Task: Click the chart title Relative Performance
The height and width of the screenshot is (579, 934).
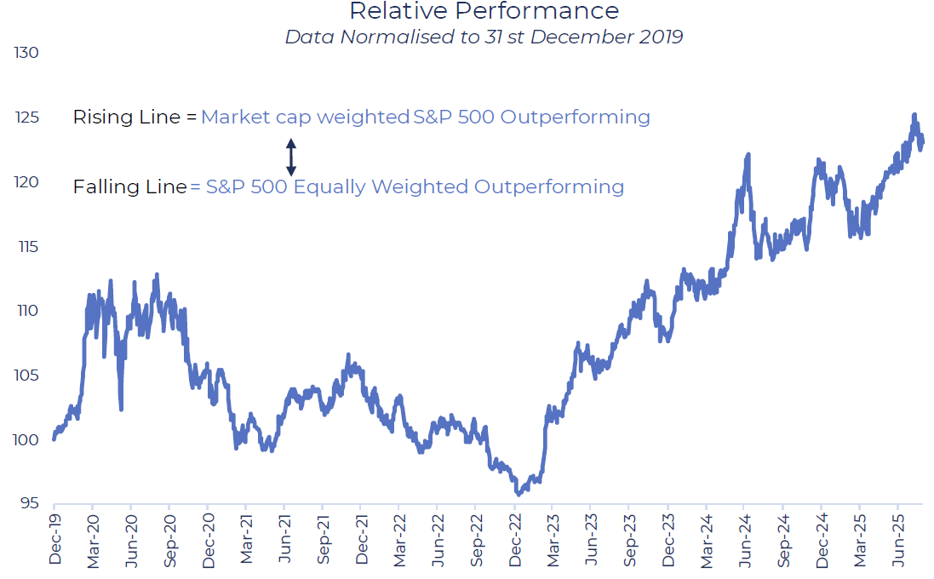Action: point(484,11)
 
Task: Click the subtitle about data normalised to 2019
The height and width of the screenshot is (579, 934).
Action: point(484,37)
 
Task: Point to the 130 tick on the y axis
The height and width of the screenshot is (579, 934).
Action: point(27,53)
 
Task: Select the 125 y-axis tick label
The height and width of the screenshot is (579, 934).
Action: point(27,118)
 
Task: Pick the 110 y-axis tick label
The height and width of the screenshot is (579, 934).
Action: point(27,311)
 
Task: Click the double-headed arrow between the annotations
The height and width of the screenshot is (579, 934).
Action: point(290,157)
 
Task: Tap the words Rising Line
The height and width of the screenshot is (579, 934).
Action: point(127,118)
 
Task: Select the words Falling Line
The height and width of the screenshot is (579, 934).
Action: point(129,186)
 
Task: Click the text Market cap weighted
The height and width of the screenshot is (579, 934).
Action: point(305,118)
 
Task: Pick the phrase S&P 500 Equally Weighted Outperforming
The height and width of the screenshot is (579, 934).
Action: point(415,186)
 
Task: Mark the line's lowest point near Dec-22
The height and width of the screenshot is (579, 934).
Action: point(517,494)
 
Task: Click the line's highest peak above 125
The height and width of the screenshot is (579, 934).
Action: point(914,115)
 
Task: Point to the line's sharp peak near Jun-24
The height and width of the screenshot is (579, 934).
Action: point(748,154)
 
